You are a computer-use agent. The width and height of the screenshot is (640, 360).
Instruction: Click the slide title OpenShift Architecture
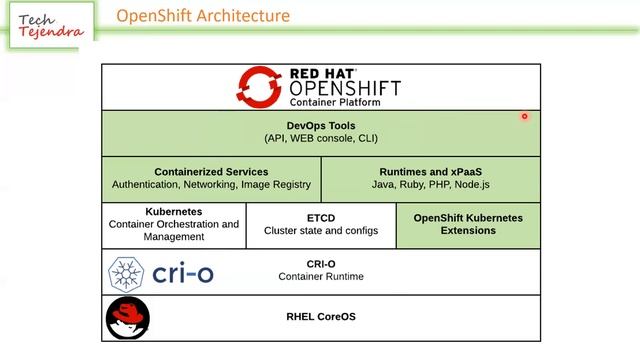point(203,16)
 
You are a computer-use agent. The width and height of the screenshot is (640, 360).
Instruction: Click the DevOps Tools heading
point(321,125)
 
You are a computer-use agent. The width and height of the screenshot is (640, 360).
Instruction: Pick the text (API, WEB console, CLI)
point(321,138)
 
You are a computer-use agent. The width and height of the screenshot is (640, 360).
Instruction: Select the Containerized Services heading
point(211,171)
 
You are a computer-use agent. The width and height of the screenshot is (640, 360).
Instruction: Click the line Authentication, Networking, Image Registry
point(211,184)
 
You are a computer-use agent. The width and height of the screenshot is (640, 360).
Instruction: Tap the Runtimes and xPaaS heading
point(431,171)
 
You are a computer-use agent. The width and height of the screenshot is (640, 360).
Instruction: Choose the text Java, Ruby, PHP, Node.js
point(431,184)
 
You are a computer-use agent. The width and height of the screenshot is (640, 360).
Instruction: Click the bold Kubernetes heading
point(174,212)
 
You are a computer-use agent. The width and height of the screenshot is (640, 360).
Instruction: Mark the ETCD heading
point(321,217)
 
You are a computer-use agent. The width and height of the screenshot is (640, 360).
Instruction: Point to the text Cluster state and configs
point(321,231)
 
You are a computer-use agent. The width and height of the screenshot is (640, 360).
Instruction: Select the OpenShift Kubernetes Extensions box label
point(468,224)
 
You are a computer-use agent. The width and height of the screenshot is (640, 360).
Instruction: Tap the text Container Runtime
point(321,277)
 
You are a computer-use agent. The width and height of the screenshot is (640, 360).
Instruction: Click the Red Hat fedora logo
point(128,318)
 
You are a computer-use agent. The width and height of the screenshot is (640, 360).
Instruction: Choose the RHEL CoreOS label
point(321,317)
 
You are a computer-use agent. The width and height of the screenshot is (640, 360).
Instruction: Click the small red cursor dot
point(524,116)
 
